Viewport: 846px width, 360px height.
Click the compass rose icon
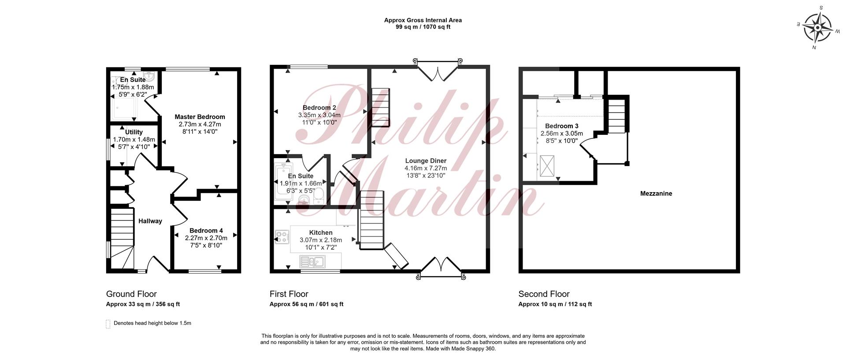[817, 27]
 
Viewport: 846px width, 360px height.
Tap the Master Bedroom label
[200, 117]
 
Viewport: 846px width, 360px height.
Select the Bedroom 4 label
[206, 230]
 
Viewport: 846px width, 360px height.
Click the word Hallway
[150, 221]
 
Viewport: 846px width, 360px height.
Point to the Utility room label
[134, 132]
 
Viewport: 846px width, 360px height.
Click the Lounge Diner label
[426, 161]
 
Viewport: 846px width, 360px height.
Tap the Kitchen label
[321, 233]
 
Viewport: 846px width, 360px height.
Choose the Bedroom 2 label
[319, 108]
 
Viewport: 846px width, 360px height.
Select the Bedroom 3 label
[562, 126]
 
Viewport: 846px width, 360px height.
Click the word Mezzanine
[656, 193]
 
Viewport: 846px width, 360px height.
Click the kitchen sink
[312, 262]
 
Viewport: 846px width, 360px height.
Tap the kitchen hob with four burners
[282, 237]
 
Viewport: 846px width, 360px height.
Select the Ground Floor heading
[131, 294]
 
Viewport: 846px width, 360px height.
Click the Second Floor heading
[544, 294]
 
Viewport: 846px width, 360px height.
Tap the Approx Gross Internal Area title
[423, 20]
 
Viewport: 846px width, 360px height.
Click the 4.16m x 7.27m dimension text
[426, 168]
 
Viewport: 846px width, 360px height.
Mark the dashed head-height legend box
[108, 324]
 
